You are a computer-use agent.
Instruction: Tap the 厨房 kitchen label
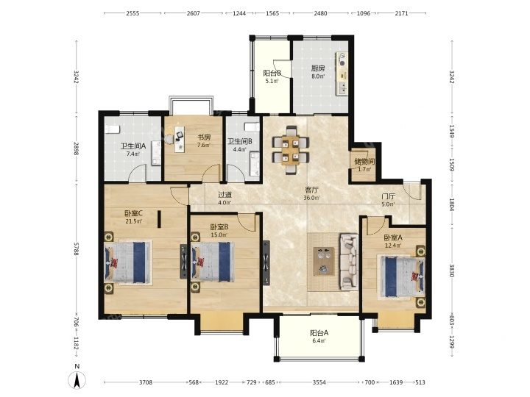pyautogui.click(x=318, y=68)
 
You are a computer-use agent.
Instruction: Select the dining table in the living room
pyautogui.click(x=291, y=149)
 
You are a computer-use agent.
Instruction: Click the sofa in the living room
pyautogui.click(x=349, y=262)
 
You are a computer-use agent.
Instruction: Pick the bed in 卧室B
pyautogui.click(x=213, y=262)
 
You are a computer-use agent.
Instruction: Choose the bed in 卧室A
pyautogui.click(x=401, y=277)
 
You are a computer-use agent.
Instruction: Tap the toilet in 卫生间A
pyautogui.click(x=112, y=129)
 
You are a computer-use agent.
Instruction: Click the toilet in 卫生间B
pyautogui.click(x=252, y=127)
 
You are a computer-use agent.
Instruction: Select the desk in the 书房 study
pyautogui.click(x=180, y=139)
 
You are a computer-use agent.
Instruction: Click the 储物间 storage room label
pyautogui.click(x=364, y=161)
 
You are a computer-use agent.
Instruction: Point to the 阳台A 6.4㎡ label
pyautogui.click(x=319, y=337)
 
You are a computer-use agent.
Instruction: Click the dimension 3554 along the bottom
pyautogui.click(x=319, y=382)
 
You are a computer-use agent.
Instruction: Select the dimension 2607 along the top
pyautogui.click(x=194, y=13)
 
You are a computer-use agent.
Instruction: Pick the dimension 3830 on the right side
pyautogui.click(x=452, y=270)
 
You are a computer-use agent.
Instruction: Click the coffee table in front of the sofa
pyautogui.click(x=324, y=261)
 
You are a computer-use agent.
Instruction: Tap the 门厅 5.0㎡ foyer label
pyautogui.click(x=388, y=200)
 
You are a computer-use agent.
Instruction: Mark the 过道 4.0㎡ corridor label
pyautogui.click(x=225, y=198)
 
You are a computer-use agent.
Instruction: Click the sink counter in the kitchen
pyautogui.click(x=342, y=74)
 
